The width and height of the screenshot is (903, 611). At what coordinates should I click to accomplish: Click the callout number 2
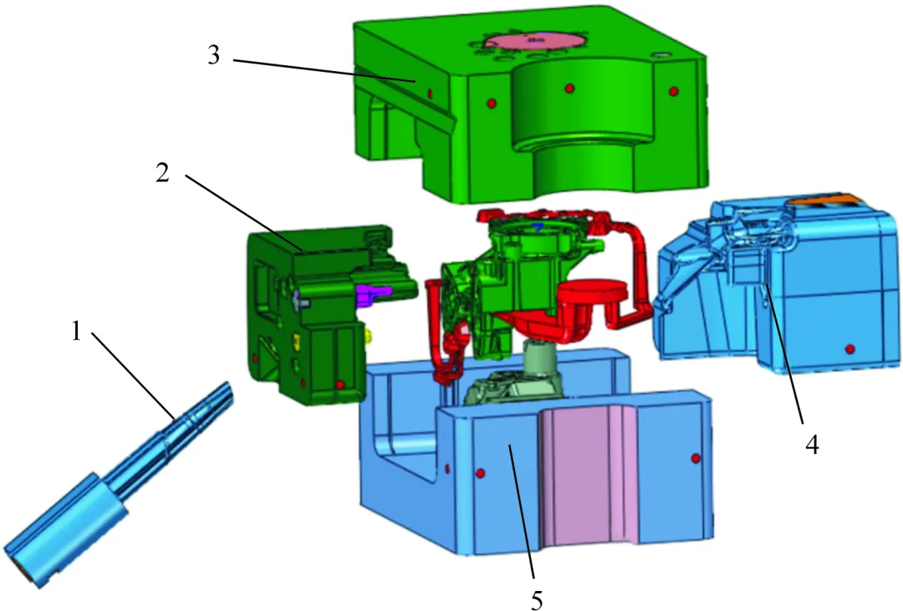pos(163,172)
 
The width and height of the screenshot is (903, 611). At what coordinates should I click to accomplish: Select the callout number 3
pos(214,55)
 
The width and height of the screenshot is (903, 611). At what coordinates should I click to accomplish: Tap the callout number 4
pos(812,444)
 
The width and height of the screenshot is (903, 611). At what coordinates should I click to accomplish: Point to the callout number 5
pos(537,600)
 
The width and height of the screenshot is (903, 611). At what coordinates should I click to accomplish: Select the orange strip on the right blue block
pos(824,201)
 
